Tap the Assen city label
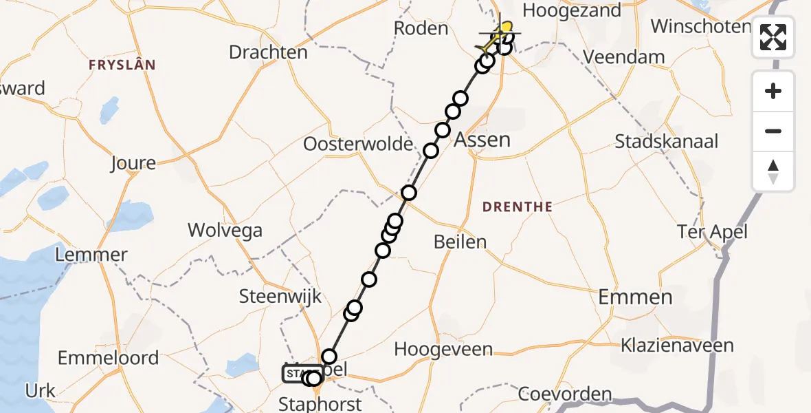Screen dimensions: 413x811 483,140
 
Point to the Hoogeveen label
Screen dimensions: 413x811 443,349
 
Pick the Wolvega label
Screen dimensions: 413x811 225,230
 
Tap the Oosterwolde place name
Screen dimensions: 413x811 358,145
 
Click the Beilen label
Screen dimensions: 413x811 460,242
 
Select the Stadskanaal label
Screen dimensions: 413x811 666,142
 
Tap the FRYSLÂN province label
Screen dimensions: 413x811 122,65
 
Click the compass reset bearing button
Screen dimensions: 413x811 773,171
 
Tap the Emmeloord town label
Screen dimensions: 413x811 109,358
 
